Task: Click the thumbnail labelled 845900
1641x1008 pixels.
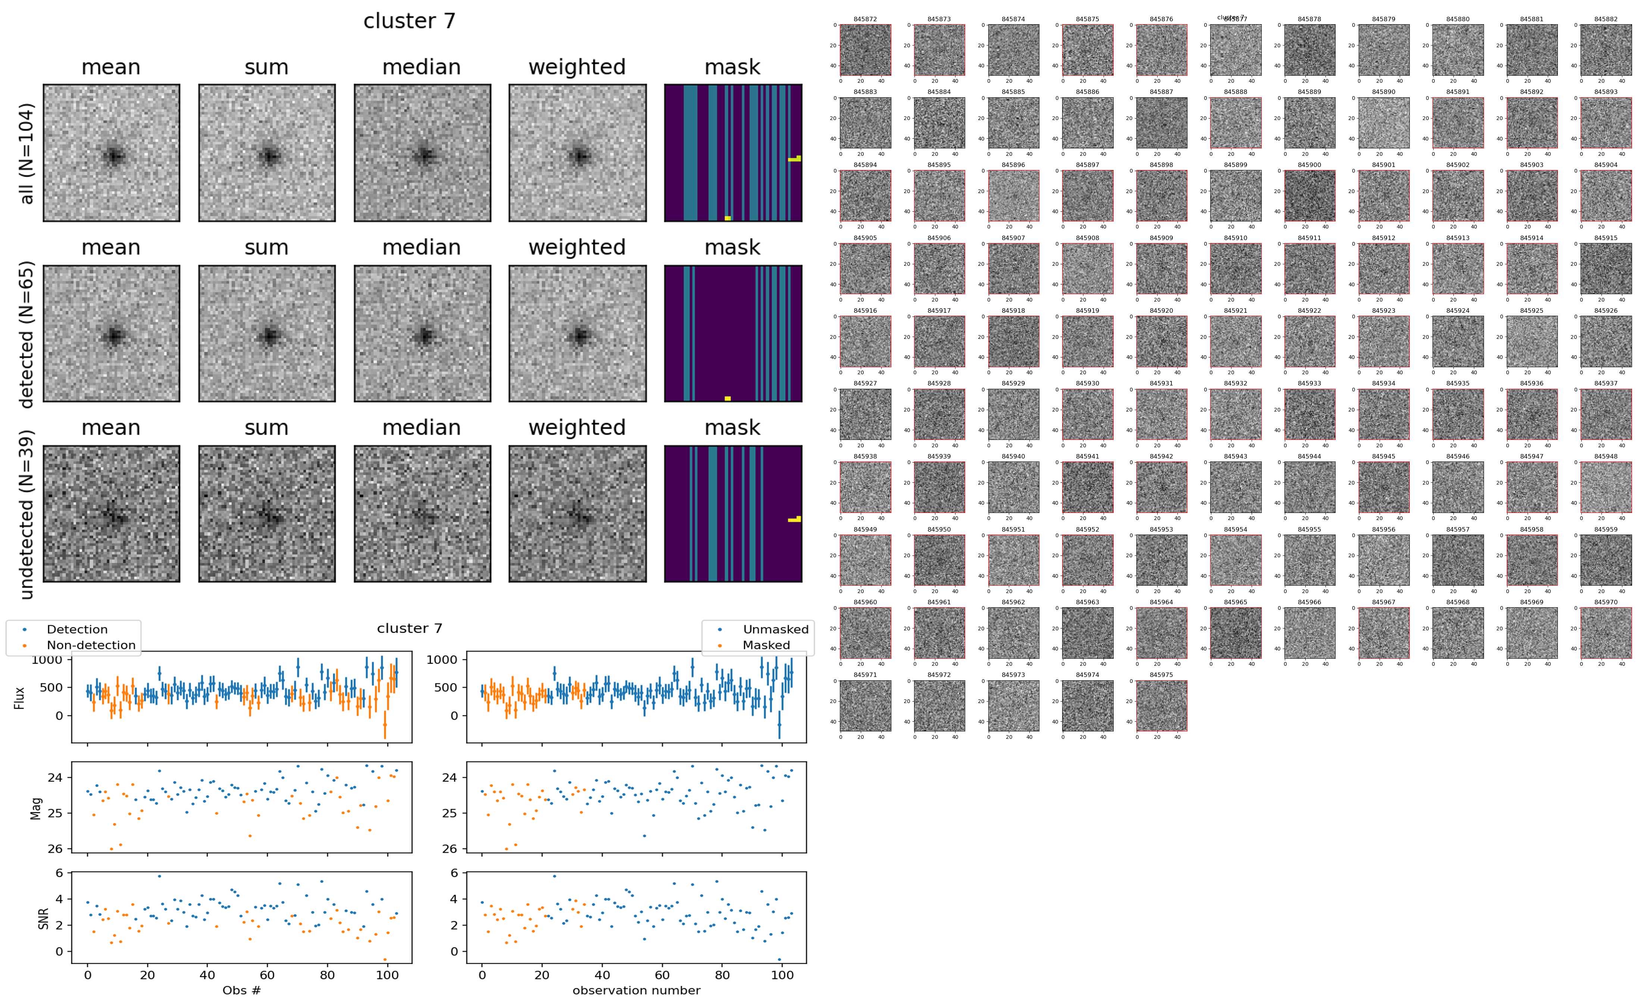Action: [1309, 195]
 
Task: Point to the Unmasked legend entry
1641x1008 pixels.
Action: [775, 629]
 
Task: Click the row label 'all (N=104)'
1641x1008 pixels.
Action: [27, 153]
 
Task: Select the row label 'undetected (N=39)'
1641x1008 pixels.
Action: [27, 514]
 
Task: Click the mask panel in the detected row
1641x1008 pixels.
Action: [733, 333]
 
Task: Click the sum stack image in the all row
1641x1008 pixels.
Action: [267, 153]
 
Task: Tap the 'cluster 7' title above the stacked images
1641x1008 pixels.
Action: [409, 21]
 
